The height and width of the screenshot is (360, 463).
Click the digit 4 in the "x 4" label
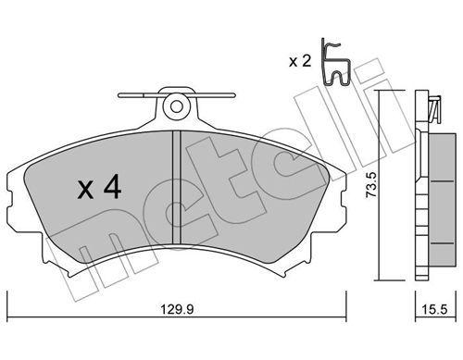(x=111, y=189)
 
